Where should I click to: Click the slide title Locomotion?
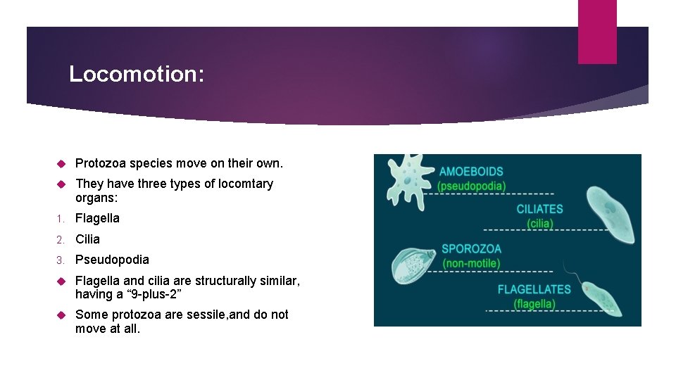click(137, 74)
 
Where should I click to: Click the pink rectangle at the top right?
click(596, 32)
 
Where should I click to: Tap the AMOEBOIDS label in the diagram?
click(471, 172)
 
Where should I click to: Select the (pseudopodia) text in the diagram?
click(471, 186)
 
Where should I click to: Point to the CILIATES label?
click(539, 209)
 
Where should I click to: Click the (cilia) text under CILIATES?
click(540, 224)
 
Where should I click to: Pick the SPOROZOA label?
click(471, 249)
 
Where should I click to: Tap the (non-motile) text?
click(471, 264)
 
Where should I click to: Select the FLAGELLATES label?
click(534, 289)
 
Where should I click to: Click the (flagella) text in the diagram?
click(534, 304)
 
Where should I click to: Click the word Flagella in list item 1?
click(97, 218)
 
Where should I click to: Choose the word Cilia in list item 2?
click(87, 239)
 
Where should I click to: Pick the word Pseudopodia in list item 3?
click(112, 260)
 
